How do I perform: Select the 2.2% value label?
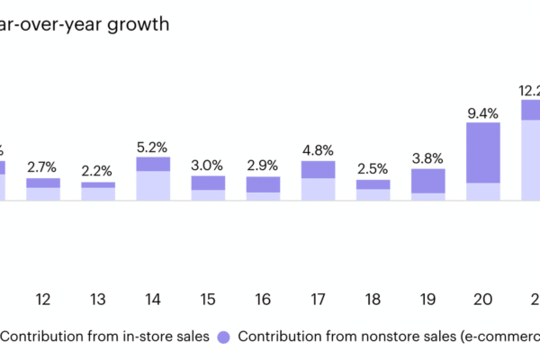[97, 170]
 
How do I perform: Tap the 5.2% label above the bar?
[153, 146]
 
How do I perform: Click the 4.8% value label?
[318, 149]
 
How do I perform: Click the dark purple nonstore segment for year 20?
[483, 152]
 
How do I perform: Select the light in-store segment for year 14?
[153, 185]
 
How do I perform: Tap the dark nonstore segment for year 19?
[428, 181]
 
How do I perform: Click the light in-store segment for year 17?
[318, 189]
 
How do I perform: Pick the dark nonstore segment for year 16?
[263, 184]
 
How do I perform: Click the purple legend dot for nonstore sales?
[224, 337]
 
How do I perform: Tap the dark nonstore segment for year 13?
[97, 184]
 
